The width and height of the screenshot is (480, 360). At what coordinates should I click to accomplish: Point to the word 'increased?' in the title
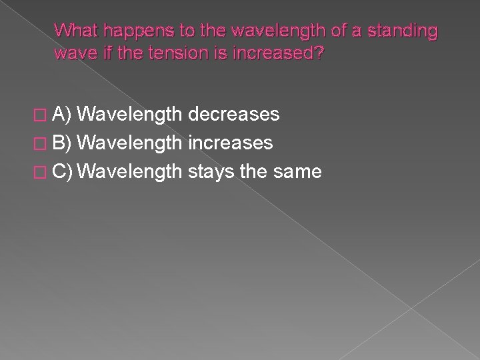(276, 53)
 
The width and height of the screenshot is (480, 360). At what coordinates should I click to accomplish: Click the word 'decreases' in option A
(233, 115)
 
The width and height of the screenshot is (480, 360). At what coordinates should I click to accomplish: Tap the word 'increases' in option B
(230, 143)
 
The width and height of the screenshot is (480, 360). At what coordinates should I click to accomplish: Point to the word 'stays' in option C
(211, 173)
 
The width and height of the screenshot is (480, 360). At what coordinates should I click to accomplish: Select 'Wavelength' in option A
(133, 115)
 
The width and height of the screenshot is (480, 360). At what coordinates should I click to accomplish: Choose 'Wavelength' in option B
(133, 143)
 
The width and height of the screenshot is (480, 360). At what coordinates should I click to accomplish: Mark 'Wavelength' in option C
(133, 173)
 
